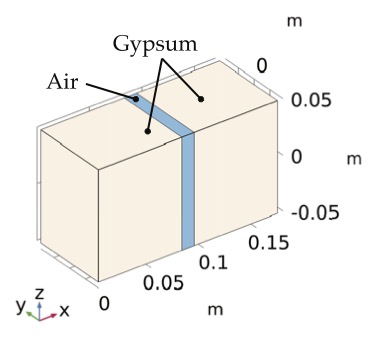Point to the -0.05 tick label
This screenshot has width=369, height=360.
[312, 213]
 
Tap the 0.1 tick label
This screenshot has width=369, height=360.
[213, 263]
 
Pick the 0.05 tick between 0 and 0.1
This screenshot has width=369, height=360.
[163, 282]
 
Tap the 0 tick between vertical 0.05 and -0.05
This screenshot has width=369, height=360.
[296, 157]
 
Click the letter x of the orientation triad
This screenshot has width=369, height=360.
[64, 310]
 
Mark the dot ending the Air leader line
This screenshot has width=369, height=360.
[136, 98]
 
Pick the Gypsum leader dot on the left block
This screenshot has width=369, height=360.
[147, 130]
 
